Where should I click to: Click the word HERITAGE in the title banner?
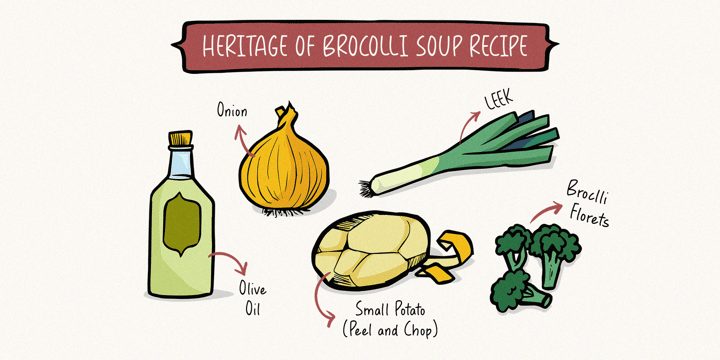pyautogui.click(x=242, y=46)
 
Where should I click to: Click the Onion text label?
pyautogui.click(x=231, y=112)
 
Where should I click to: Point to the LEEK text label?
pyautogui.click(x=499, y=100)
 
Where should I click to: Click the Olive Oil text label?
pyautogui.click(x=252, y=299)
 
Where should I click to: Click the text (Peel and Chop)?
pyautogui.click(x=390, y=331)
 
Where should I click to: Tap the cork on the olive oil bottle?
pyautogui.click(x=180, y=138)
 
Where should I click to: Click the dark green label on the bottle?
pyautogui.click(x=182, y=224)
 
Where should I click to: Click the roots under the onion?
pyautogui.click(x=285, y=211)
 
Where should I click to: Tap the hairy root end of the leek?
pyautogui.click(x=366, y=187)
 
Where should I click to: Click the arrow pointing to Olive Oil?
pyautogui.click(x=233, y=258)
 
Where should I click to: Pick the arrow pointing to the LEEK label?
pyautogui.click(x=467, y=124)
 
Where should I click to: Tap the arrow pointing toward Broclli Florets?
pyautogui.click(x=545, y=212)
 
